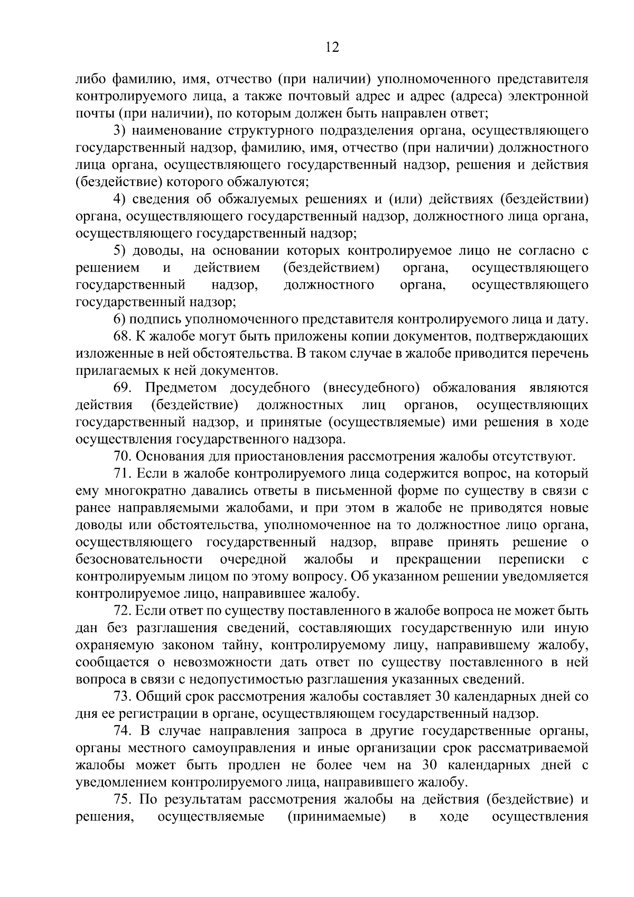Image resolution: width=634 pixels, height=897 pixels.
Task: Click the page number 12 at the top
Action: tap(332, 48)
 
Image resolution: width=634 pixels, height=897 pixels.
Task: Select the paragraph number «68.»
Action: tap(123, 336)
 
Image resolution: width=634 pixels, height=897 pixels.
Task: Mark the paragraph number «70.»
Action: tap(123, 456)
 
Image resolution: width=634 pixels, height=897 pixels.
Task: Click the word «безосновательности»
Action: tap(139, 559)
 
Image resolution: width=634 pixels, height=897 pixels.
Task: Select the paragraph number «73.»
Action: tap(123, 696)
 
